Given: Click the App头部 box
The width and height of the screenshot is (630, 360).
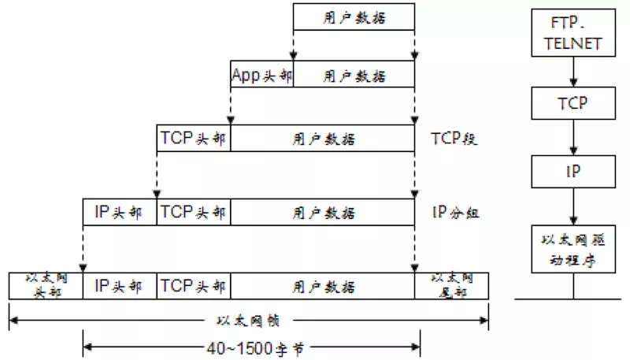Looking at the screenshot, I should (x=261, y=75).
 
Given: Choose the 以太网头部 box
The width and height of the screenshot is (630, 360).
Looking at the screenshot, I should (x=46, y=285).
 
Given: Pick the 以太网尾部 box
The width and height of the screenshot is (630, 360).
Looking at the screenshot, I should (x=451, y=285).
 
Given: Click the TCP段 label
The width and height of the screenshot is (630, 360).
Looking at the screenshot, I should (x=454, y=139).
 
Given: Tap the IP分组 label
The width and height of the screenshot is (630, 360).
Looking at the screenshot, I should (x=456, y=212).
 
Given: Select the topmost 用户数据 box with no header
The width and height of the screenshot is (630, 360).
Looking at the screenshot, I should (x=354, y=17).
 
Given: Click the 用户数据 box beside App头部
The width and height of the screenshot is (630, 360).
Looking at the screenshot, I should (x=354, y=75).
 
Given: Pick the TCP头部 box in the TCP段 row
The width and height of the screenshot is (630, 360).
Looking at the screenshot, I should (x=194, y=139).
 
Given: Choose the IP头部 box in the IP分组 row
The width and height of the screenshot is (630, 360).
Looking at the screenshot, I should (x=120, y=212).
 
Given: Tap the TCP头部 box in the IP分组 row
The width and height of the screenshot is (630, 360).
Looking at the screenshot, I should (x=194, y=212).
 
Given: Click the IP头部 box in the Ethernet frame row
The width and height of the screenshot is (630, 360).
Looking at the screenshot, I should (x=120, y=285).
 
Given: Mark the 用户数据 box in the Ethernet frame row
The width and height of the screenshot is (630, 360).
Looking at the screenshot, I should (x=323, y=285).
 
